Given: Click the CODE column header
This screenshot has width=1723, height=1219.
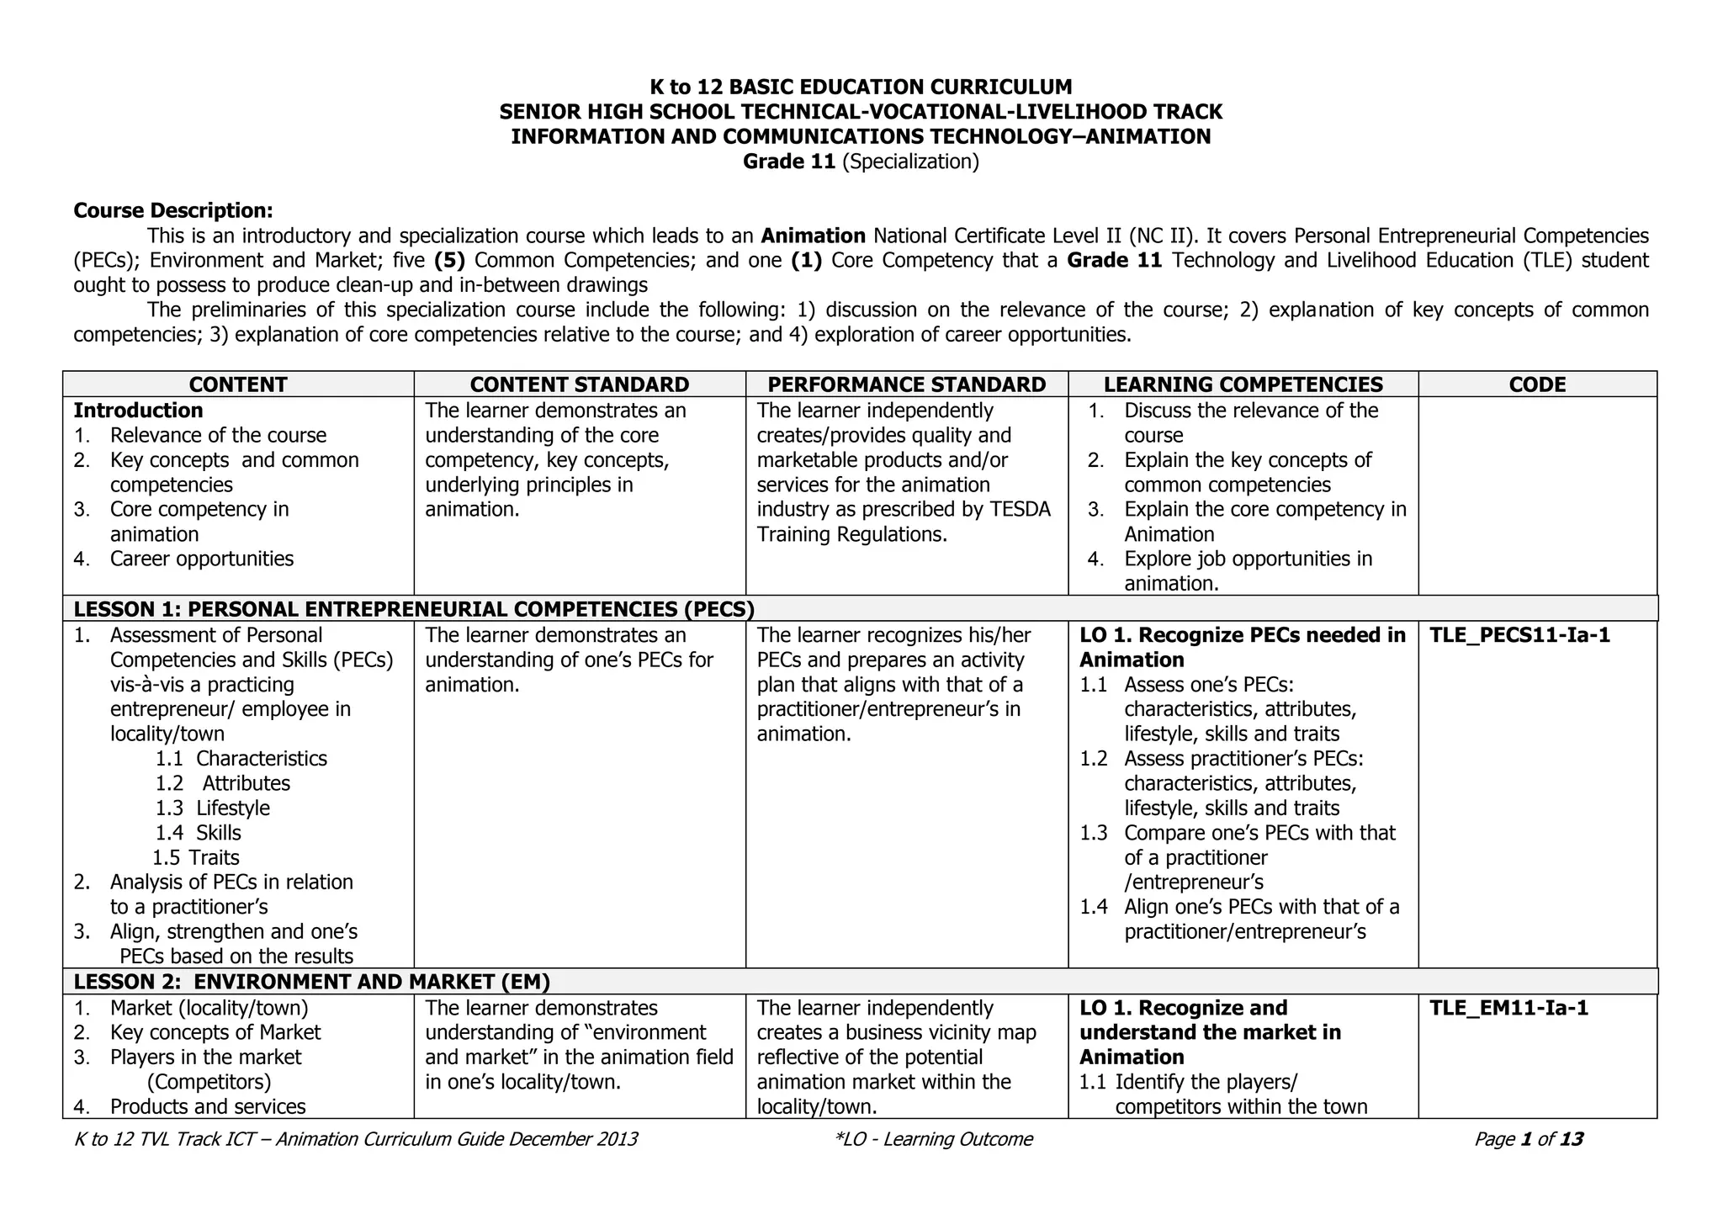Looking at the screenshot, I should click(1537, 384).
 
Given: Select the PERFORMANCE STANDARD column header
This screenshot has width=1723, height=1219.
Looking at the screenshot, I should click(906, 384).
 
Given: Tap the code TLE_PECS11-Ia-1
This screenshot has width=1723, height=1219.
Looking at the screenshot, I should click(1519, 635).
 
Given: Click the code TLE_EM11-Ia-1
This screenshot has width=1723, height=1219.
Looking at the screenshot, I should click(1508, 1008).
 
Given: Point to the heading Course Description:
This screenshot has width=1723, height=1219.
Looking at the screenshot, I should click(173, 210).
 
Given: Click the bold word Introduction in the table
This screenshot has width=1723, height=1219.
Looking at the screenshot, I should click(138, 411).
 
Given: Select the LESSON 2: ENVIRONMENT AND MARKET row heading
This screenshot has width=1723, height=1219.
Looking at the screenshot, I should click(311, 982).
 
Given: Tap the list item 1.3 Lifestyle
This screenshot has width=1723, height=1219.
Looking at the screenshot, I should click(213, 808).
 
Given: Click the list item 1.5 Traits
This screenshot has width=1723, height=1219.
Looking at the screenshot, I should click(196, 858).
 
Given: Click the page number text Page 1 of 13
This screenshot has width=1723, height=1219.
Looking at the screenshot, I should click(1528, 1139).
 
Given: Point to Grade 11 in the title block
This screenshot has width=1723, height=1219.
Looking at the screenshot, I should click(788, 162).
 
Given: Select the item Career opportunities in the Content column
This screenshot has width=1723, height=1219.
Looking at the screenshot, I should click(201, 559).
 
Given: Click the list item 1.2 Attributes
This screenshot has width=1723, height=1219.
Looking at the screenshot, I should click(223, 784).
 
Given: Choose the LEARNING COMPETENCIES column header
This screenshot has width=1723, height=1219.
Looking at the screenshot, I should click(1243, 384).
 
